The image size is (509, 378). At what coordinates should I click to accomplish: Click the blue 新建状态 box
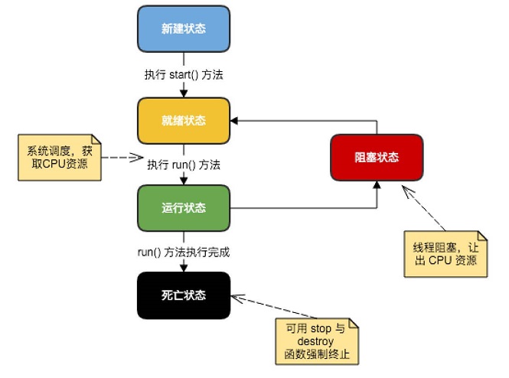(x=184, y=29)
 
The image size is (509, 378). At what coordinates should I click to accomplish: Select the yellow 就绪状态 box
(x=184, y=121)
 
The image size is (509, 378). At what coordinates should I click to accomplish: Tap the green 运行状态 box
(x=184, y=208)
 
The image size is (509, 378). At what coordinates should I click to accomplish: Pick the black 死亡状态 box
(x=184, y=295)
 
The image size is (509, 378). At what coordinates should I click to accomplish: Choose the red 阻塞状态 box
(x=377, y=157)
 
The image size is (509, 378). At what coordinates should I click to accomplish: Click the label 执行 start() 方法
(x=184, y=75)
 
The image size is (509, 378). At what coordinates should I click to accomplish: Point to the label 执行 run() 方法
(x=184, y=165)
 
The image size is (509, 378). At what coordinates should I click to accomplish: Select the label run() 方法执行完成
(x=184, y=252)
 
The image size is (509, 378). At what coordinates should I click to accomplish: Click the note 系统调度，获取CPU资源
(x=60, y=157)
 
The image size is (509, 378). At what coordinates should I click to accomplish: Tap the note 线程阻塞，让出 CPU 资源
(x=445, y=253)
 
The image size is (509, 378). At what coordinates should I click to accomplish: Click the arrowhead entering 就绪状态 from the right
(x=235, y=121)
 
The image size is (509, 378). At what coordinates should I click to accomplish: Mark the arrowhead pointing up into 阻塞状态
(x=377, y=185)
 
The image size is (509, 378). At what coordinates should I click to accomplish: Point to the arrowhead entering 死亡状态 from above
(x=184, y=268)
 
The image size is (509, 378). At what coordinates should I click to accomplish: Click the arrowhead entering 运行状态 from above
(x=184, y=181)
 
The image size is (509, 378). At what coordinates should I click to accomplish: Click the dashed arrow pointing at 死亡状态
(x=268, y=310)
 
